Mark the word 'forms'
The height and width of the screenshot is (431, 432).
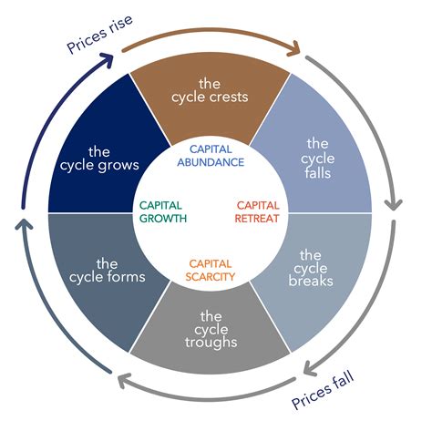[126, 277]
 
